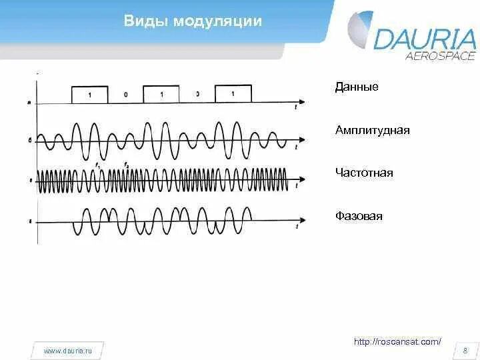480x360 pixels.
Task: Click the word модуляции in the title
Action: tap(217, 21)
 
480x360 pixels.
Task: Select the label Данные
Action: tap(357, 87)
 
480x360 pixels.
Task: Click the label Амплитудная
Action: tap(373, 130)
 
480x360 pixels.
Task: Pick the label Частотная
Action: tap(365, 173)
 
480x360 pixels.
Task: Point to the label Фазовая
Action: tap(359, 216)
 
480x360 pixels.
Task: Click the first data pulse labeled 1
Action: tap(90, 95)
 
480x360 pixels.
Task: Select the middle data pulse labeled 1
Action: tap(161, 95)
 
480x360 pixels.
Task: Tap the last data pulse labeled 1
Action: tap(233, 94)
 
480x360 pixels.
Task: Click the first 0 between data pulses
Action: tap(125, 95)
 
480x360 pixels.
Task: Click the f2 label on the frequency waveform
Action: tap(126, 164)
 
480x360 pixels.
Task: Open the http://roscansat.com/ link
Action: tap(397, 341)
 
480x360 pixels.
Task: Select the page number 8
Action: tap(464, 350)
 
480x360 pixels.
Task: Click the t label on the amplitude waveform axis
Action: tap(295, 148)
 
